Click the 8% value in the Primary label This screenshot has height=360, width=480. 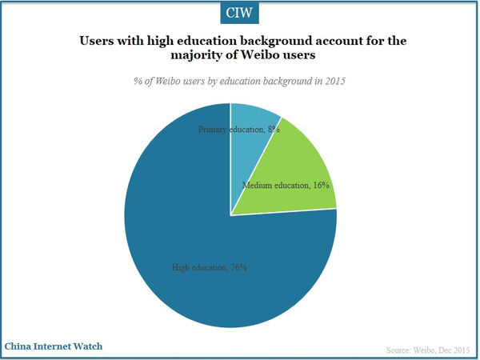[273, 129]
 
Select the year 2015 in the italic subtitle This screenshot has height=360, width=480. [337, 82]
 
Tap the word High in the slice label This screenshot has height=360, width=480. [182, 267]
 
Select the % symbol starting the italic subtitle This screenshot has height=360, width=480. [134, 82]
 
